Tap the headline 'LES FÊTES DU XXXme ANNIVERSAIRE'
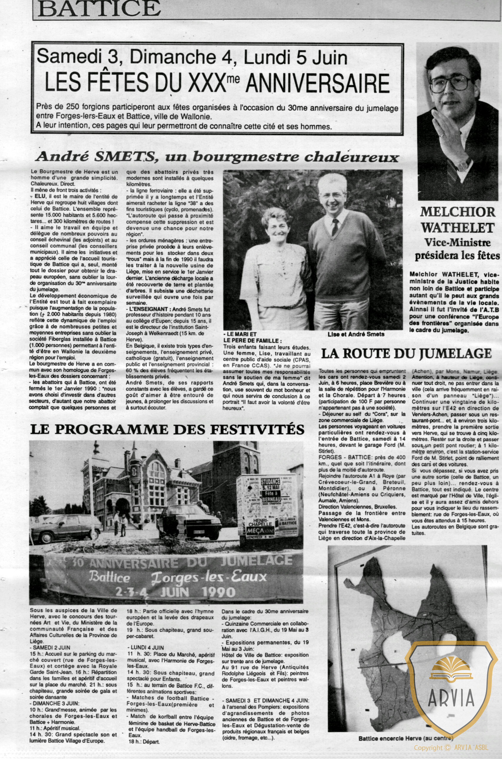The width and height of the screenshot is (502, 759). pos(217,83)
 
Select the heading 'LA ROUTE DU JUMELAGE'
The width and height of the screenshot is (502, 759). pos(406,353)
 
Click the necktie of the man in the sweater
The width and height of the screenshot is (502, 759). pos(335,227)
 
